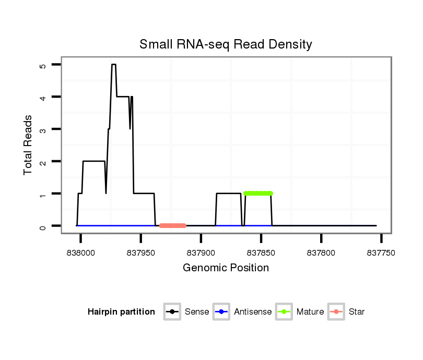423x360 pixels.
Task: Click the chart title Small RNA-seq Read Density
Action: tap(226, 44)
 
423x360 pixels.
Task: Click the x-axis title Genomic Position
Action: tap(226, 268)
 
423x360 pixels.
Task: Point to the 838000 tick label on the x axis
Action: tap(81, 252)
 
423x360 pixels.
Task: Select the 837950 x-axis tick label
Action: tap(141, 252)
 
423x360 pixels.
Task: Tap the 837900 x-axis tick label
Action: tap(201, 252)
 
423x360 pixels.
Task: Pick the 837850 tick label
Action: tap(261, 252)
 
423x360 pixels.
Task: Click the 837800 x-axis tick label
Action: tap(321, 252)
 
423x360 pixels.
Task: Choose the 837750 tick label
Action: tap(381, 252)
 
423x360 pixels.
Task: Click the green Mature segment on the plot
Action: tap(258, 194)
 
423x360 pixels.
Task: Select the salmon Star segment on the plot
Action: tap(173, 225)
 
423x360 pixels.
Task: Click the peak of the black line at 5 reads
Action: tap(113, 65)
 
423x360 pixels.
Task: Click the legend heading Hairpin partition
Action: tap(121, 312)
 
